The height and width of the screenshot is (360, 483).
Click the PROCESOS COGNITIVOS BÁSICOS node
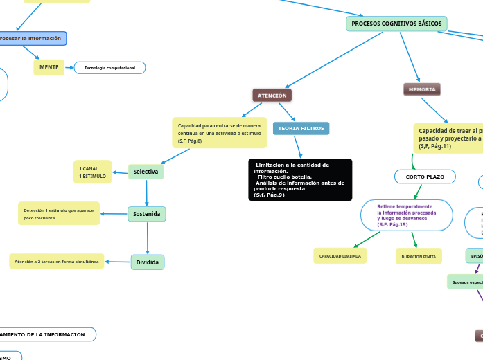(396, 24)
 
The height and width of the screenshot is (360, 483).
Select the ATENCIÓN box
(272, 95)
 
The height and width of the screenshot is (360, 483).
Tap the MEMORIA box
(422, 89)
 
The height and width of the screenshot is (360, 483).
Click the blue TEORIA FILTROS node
(301, 129)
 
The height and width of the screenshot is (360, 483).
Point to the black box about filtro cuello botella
(300, 180)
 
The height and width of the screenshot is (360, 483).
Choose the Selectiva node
(146, 172)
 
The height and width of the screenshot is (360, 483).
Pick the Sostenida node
(146, 214)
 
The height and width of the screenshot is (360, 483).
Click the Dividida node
(148, 262)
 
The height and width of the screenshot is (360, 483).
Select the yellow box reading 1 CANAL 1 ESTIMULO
(92, 172)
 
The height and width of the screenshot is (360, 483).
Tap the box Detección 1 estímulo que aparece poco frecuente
(59, 213)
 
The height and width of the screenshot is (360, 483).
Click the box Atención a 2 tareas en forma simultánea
(57, 261)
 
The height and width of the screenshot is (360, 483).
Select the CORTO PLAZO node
(425, 177)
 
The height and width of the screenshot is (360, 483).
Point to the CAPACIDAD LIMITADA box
(340, 256)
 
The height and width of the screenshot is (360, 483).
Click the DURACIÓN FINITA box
(419, 257)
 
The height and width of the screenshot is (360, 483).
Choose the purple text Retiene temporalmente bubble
(407, 215)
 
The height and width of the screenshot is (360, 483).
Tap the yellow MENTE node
(49, 67)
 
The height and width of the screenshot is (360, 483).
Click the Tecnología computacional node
(109, 68)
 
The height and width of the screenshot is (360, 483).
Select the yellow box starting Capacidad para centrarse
(218, 132)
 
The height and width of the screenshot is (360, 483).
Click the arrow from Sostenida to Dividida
(147, 238)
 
